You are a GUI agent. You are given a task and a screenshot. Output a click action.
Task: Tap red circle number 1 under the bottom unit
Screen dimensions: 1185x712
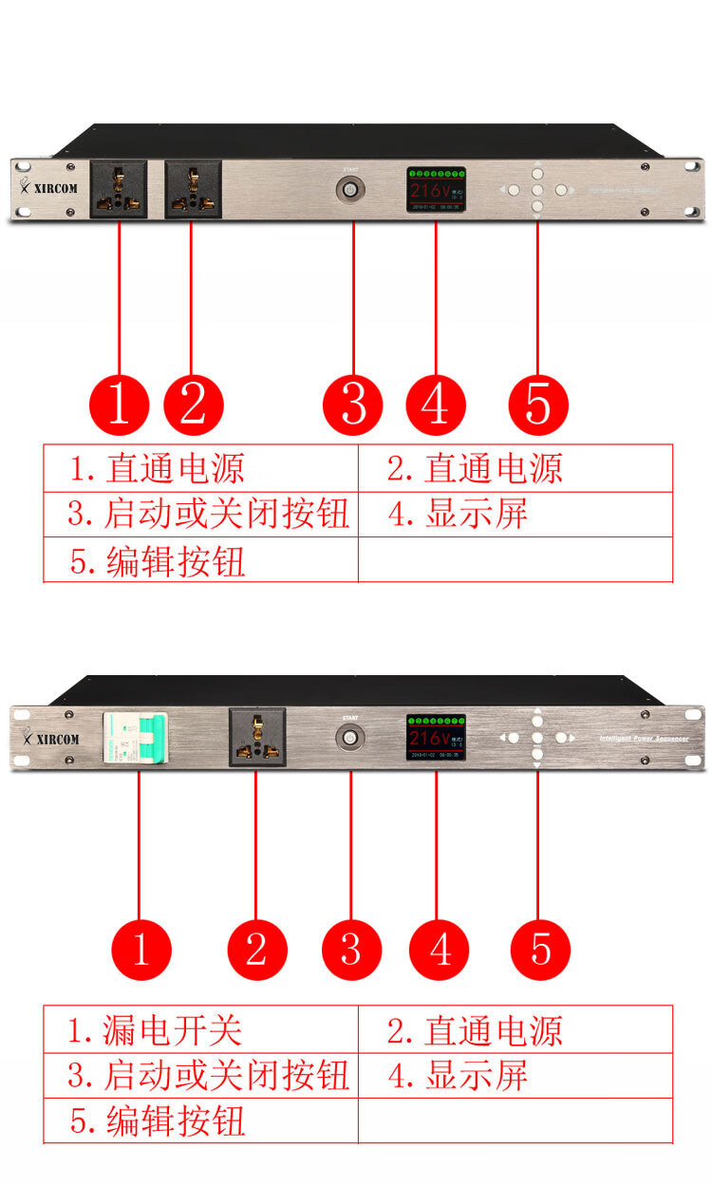(141, 948)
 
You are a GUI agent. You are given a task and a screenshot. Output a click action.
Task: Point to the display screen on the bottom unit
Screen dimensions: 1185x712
(437, 737)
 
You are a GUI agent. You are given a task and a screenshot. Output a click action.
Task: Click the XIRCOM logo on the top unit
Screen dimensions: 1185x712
(50, 187)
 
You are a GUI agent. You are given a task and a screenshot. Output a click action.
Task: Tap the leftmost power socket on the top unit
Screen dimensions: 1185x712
(119, 189)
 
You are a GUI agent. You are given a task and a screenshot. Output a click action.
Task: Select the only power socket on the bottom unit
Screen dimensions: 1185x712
(256, 737)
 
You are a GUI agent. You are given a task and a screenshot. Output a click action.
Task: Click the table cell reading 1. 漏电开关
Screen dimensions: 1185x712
(200, 1030)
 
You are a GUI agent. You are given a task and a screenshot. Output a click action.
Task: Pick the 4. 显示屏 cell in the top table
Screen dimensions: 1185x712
(515, 515)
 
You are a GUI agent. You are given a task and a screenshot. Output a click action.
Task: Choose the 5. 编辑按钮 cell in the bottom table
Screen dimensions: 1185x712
(200, 1120)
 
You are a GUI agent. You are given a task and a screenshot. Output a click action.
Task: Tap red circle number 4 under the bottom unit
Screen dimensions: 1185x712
(440, 948)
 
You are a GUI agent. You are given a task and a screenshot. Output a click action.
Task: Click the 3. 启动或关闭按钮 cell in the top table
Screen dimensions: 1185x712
(200, 515)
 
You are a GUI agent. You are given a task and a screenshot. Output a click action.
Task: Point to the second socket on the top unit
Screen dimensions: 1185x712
(193, 189)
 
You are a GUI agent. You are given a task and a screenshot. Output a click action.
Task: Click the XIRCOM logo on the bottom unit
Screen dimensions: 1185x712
(50, 738)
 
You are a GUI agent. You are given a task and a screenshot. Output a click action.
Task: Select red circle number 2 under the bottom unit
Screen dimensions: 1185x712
(256, 948)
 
